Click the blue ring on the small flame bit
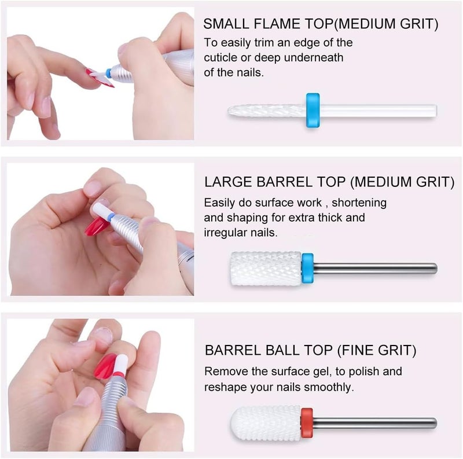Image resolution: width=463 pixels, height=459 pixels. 313,110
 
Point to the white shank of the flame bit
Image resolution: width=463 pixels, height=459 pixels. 378,111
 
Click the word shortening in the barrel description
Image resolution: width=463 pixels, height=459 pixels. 359,203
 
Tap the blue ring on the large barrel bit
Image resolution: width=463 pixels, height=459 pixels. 307,268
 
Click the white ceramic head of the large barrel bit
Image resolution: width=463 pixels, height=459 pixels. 266,269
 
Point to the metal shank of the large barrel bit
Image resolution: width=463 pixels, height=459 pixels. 375,269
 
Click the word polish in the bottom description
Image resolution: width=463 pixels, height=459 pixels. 364,372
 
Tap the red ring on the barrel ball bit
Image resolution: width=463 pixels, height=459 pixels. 307,423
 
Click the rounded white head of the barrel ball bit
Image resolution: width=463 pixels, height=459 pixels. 266,423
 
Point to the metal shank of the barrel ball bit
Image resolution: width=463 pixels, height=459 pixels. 374,423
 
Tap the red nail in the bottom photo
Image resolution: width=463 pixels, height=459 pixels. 106,366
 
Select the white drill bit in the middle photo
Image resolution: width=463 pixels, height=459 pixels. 101,209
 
